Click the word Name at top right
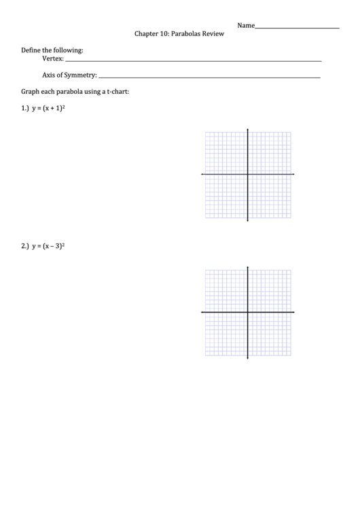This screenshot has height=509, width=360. click(x=246, y=25)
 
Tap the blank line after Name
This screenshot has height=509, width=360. click(x=297, y=27)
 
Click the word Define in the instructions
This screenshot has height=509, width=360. click(x=32, y=50)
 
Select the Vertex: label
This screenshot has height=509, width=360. click(x=53, y=59)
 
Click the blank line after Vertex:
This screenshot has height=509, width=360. click(x=193, y=61)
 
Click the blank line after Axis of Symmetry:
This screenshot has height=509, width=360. click(x=209, y=77)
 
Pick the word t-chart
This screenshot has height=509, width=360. click(x=116, y=91)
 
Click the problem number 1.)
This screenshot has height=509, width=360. click(x=25, y=108)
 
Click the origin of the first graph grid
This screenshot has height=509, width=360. click(x=247, y=175)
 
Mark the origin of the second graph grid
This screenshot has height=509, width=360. click(x=247, y=312)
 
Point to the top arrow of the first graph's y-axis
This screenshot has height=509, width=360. click(x=247, y=129)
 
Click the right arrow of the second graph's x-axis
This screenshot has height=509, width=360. click(x=293, y=312)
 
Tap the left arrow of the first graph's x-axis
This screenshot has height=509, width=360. click(x=202, y=175)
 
